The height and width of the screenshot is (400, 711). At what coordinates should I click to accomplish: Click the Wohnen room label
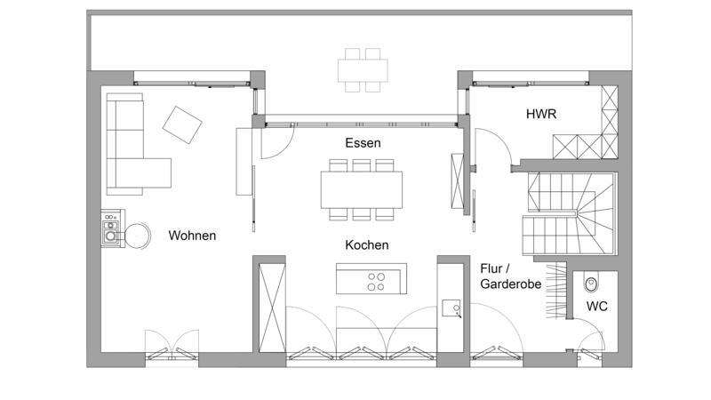point(192,236)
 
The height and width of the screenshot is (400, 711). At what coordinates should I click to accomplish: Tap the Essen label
point(363,143)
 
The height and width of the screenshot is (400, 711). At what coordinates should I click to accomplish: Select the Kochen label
point(367,245)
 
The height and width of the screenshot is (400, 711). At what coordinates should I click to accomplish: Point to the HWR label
point(541,114)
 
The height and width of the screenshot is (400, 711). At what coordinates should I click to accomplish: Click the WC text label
point(596,307)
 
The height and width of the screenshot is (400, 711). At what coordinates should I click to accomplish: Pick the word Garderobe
point(510,284)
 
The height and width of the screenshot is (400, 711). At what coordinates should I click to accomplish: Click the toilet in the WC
point(591,283)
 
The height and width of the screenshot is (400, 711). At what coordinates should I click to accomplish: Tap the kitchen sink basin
point(451,308)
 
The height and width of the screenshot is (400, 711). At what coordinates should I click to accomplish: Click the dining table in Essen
point(362,189)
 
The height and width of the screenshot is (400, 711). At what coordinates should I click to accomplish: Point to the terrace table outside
point(363,70)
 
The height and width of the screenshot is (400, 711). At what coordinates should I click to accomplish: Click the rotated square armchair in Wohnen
point(182,124)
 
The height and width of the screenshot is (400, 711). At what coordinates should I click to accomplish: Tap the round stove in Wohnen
point(137,236)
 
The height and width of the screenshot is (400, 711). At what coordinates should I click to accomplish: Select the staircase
point(570,214)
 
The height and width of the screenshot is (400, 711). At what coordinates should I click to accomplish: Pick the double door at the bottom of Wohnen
point(172,345)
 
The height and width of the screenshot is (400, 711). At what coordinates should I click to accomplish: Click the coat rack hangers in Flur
point(556,292)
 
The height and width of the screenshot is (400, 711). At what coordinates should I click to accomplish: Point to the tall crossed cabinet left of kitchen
point(272,308)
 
